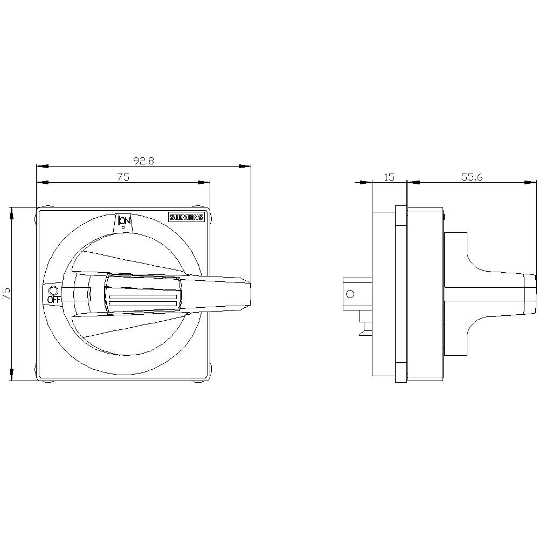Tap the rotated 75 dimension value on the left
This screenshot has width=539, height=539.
pos(6,293)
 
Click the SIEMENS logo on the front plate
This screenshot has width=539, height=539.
pos(187,217)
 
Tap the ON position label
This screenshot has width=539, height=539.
pos(124,220)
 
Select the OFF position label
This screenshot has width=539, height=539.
pos(53,300)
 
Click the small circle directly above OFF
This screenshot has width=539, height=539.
pos(53,291)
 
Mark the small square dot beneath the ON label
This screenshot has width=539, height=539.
pos(123,228)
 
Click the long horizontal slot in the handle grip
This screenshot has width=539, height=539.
pos(143,298)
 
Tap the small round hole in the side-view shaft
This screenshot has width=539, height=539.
pos(350,294)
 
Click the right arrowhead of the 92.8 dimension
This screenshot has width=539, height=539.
pos(245,166)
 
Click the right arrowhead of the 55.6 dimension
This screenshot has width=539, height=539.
pos(531,182)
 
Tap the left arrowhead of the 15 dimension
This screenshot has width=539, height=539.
pos(367,182)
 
